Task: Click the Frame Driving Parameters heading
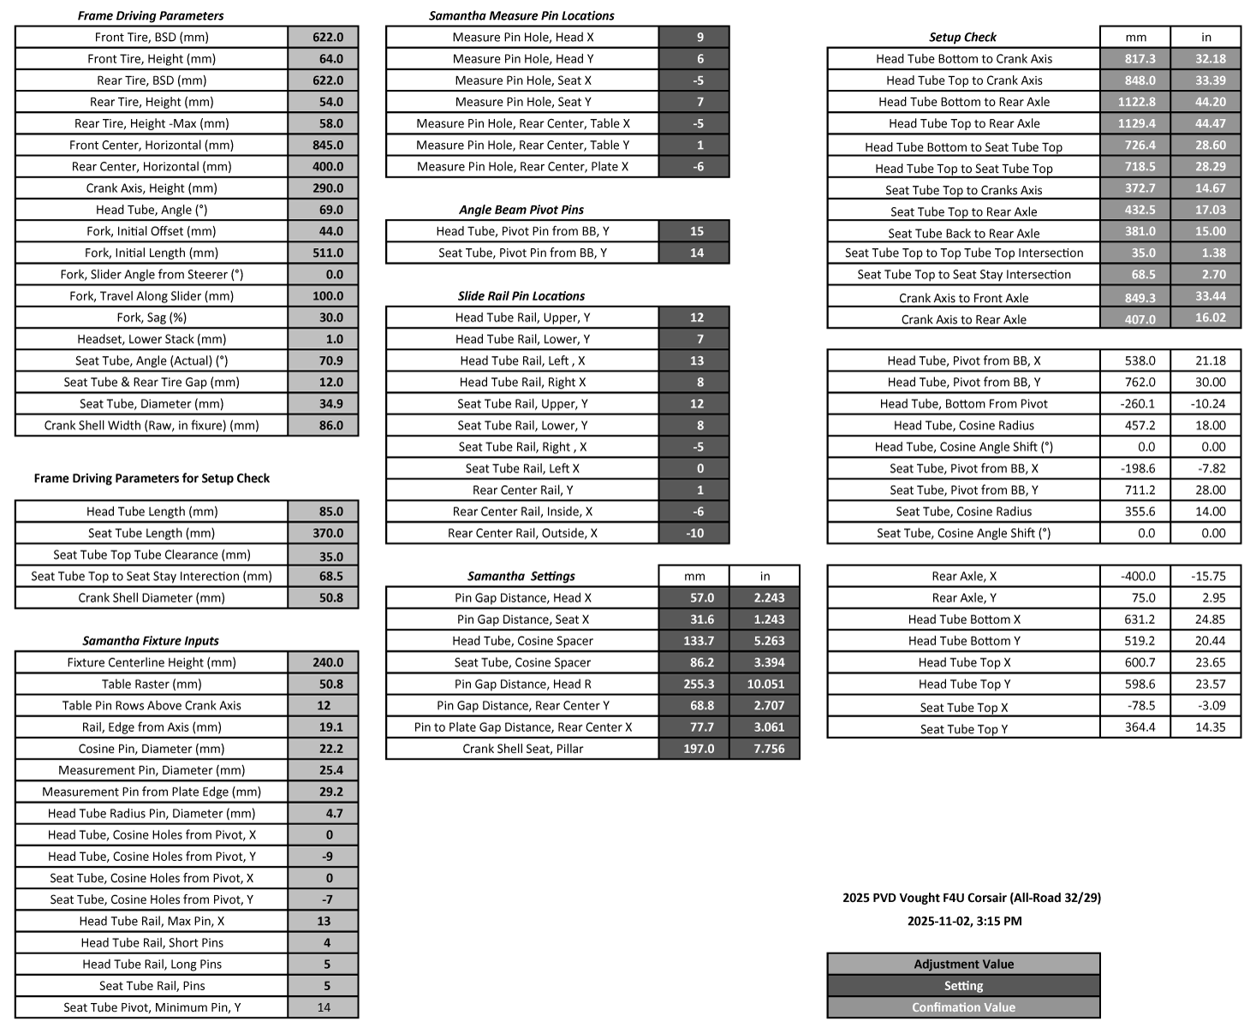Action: (x=151, y=15)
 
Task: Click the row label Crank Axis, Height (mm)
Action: (x=152, y=188)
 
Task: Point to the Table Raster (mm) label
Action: (x=152, y=684)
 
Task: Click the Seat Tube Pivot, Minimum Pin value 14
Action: (x=324, y=1007)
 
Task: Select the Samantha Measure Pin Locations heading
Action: (x=521, y=15)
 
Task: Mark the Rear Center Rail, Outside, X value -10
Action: (x=695, y=533)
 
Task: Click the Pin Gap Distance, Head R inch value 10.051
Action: (x=765, y=684)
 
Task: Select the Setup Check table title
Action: (x=962, y=37)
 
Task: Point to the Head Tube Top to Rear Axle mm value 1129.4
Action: (x=1136, y=123)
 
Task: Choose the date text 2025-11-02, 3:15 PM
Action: (x=964, y=921)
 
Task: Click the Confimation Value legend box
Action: (x=963, y=1007)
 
